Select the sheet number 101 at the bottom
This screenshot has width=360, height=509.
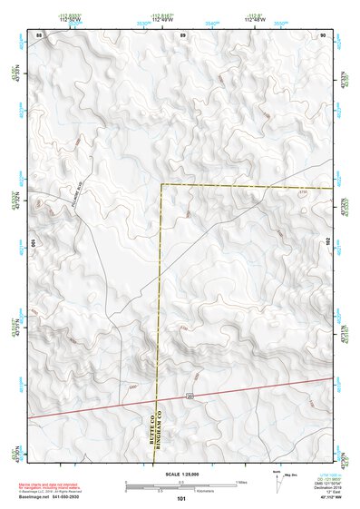tap(182, 499)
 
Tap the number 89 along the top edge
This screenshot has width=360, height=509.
tap(182, 34)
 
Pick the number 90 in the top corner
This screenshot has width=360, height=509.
tap(324, 34)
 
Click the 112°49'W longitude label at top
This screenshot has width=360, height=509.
tap(162, 18)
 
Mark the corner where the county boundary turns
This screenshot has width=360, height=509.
tap(162, 185)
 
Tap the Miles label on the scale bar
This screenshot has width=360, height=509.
tap(240, 482)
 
